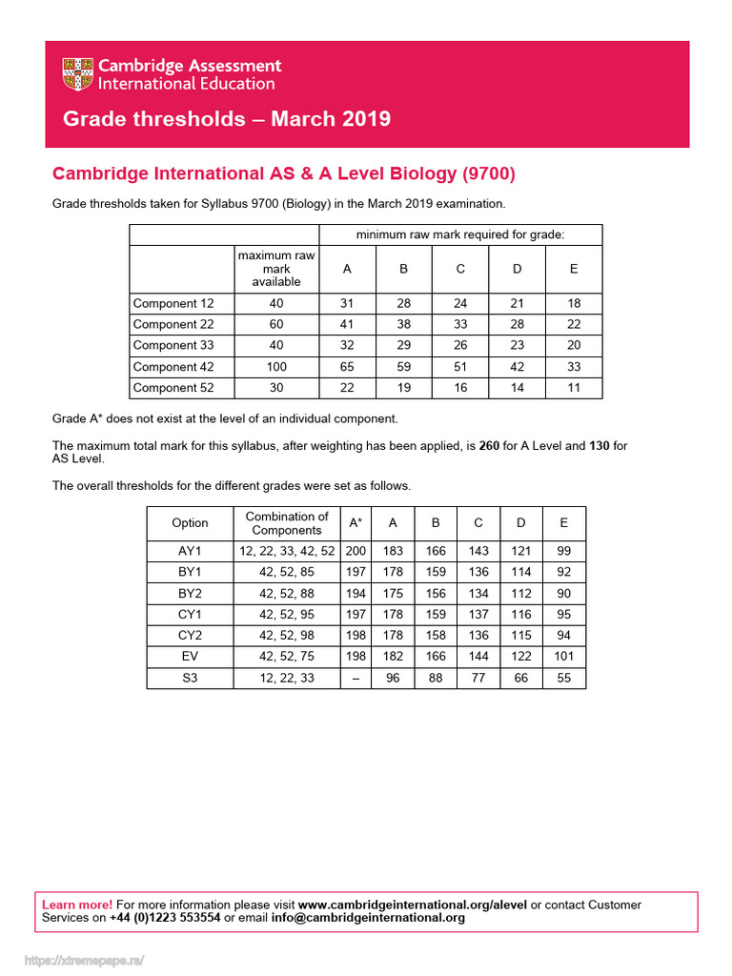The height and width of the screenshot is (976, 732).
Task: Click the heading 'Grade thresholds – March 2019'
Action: tap(226, 119)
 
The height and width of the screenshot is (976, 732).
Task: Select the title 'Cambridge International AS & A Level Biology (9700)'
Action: tap(283, 173)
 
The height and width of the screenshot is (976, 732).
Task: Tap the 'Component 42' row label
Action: tap(173, 366)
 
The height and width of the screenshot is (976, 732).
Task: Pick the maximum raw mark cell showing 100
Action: tap(276, 366)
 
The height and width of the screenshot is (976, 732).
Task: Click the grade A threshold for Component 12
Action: tap(347, 303)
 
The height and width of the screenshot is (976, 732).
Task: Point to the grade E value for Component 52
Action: tap(573, 387)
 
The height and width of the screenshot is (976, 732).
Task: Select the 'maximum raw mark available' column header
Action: tap(276, 269)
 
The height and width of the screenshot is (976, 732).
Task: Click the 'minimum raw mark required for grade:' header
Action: tap(460, 234)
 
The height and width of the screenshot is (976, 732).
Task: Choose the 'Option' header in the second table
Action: tap(190, 523)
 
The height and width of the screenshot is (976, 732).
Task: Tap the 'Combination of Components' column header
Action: tap(287, 523)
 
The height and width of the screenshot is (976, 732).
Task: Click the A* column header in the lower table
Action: tap(356, 523)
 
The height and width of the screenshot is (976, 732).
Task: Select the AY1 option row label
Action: tap(190, 551)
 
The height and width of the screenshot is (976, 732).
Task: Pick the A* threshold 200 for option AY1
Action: tap(356, 551)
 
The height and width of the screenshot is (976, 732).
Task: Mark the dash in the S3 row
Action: tap(356, 678)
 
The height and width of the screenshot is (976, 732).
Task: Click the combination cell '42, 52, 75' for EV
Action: tap(287, 657)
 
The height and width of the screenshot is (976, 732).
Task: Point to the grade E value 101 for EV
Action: tap(564, 657)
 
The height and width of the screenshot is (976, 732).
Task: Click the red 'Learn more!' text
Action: tap(77, 905)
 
